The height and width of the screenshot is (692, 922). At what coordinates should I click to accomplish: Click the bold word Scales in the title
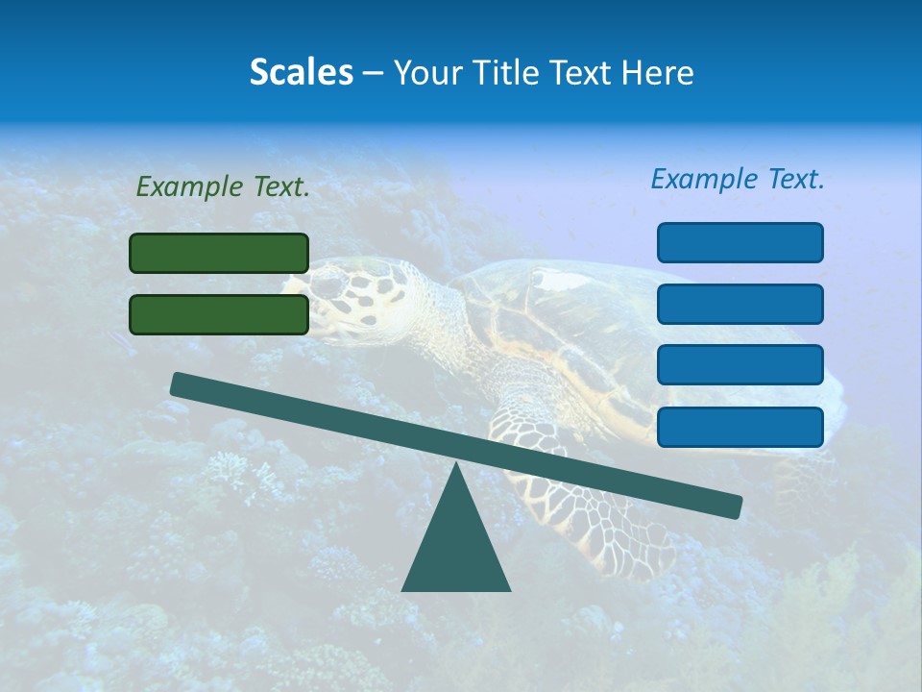click(302, 72)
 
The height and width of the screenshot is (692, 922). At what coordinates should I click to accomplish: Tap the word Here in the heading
click(658, 72)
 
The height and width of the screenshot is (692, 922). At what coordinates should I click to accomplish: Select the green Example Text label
click(223, 187)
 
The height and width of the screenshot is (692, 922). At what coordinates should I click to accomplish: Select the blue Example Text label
click(738, 179)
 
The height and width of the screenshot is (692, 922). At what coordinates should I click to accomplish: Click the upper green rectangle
click(219, 253)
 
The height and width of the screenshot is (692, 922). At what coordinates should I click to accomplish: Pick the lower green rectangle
click(219, 314)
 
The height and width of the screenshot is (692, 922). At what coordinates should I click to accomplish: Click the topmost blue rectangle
click(740, 242)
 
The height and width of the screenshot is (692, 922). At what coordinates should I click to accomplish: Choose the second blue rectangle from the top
click(740, 304)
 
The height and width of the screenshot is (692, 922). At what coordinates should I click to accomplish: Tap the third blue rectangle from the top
click(740, 365)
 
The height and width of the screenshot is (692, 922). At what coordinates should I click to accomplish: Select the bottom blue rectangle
click(740, 427)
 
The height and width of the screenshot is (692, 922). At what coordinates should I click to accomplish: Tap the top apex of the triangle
click(456, 465)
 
